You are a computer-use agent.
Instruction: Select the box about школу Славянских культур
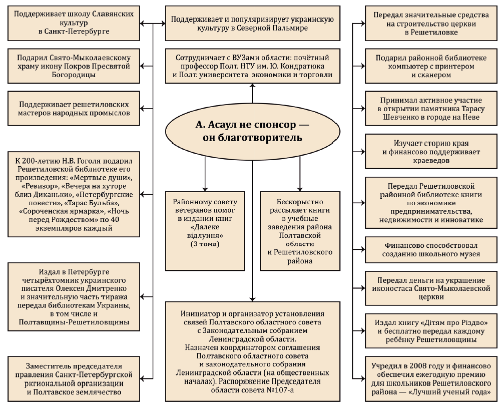click(x=74, y=23)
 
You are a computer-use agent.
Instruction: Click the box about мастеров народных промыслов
click(x=74, y=109)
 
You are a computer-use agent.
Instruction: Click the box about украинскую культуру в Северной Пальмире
click(x=252, y=24)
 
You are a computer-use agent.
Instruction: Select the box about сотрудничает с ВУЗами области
click(x=252, y=66)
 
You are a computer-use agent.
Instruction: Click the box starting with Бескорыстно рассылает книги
click(x=299, y=230)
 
